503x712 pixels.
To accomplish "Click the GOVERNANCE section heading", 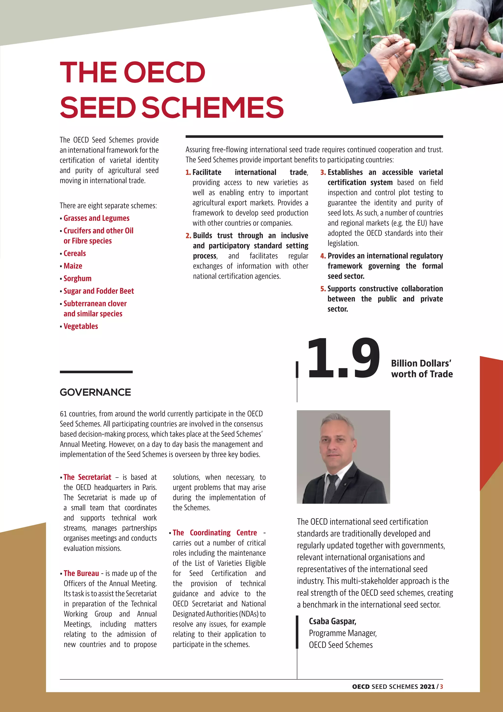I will (x=95, y=392).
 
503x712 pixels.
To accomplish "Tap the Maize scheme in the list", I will (x=73, y=266).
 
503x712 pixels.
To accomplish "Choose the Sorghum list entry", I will (x=77, y=279).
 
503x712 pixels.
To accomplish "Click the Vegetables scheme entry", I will (x=81, y=326).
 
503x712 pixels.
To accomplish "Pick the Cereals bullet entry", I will (x=75, y=253).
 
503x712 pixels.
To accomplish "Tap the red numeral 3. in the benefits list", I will (x=323, y=172).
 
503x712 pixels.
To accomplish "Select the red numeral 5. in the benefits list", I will (x=323, y=289).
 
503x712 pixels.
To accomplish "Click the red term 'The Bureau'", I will (x=81, y=573).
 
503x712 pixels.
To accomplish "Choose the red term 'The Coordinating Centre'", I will (x=215, y=533).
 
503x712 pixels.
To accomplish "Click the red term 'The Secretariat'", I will (x=87, y=477).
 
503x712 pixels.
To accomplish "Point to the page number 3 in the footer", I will (x=441, y=687).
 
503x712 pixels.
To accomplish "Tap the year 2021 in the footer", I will (x=427, y=687).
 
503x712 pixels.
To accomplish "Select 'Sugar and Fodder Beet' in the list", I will (x=98, y=291).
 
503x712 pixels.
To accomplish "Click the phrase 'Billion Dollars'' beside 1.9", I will (x=421, y=363).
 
